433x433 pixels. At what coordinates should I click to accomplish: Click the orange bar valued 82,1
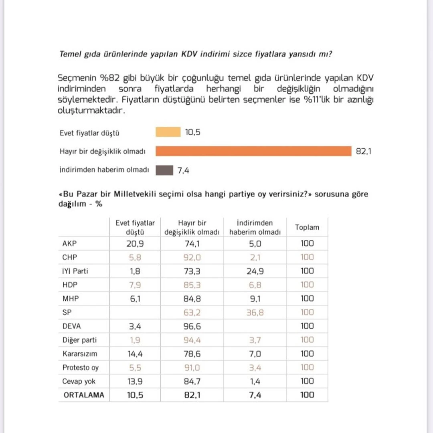click(253, 151)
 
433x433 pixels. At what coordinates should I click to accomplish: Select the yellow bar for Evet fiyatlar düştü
click(168, 132)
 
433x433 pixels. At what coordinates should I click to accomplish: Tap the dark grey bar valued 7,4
click(164, 170)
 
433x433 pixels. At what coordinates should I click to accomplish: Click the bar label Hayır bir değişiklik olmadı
click(102, 152)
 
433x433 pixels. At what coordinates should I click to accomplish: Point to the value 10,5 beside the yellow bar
click(192, 132)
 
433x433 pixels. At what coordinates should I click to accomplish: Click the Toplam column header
click(307, 227)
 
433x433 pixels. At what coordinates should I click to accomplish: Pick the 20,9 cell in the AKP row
click(135, 243)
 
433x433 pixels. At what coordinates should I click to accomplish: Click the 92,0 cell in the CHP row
click(192, 257)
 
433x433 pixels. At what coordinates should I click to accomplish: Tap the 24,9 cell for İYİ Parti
click(255, 271)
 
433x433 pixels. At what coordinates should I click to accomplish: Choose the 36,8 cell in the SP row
click(255, 312)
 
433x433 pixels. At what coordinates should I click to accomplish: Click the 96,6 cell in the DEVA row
click(192, 326)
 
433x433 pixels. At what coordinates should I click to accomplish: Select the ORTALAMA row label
click(84, 395)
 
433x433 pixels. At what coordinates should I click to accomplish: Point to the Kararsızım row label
click(80, 354)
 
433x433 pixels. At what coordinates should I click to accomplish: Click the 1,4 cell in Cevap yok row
click(255, 381)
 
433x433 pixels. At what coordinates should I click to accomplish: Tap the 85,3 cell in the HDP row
click(192, 285)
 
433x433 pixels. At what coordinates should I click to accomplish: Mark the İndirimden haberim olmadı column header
click(255, 227)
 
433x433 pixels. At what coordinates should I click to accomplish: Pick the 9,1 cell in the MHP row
click(255, 299)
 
